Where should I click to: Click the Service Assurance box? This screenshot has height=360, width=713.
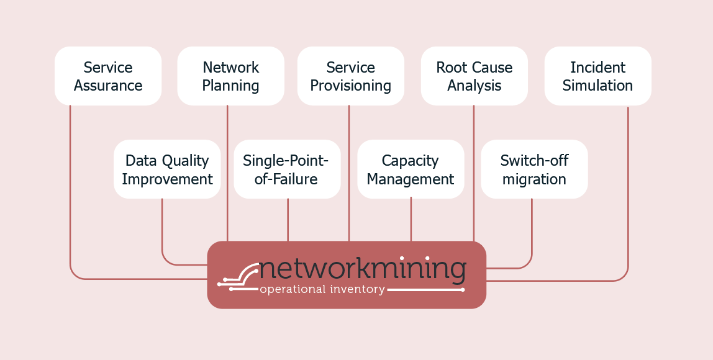click(x=108, y=76)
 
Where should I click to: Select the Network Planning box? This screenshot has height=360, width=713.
click(x=231, y=76)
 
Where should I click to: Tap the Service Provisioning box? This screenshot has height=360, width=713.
click(x=351, y=76)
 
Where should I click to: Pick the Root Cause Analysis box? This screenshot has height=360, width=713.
click(x=475, y=76)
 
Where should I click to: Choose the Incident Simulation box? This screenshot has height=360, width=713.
click(x=598, y=76)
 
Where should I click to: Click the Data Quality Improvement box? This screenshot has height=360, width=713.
click(x=167, y=169)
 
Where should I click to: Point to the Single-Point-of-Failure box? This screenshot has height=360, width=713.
click(x=288, y=169)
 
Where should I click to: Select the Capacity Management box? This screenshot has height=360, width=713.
click(x=411, y=169)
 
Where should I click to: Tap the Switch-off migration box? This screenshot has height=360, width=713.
click(x=535, y=169)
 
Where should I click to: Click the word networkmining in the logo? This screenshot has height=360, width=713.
click(x=363, y=269)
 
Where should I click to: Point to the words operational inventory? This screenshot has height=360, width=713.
click(x=322, y=289)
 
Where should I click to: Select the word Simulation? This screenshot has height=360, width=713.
click(x=597, y=86)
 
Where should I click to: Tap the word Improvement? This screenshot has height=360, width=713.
click(x=167, y=179)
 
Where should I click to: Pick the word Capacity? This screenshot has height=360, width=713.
click(x=410, y=161)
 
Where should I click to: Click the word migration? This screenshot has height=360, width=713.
click(x=534, y=179)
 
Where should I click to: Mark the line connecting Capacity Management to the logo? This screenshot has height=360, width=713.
click(x=411, y=220)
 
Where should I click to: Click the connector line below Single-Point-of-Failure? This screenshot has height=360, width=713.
click(x=288, y=220)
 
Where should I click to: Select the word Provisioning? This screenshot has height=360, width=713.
click(x=350, y=86)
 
